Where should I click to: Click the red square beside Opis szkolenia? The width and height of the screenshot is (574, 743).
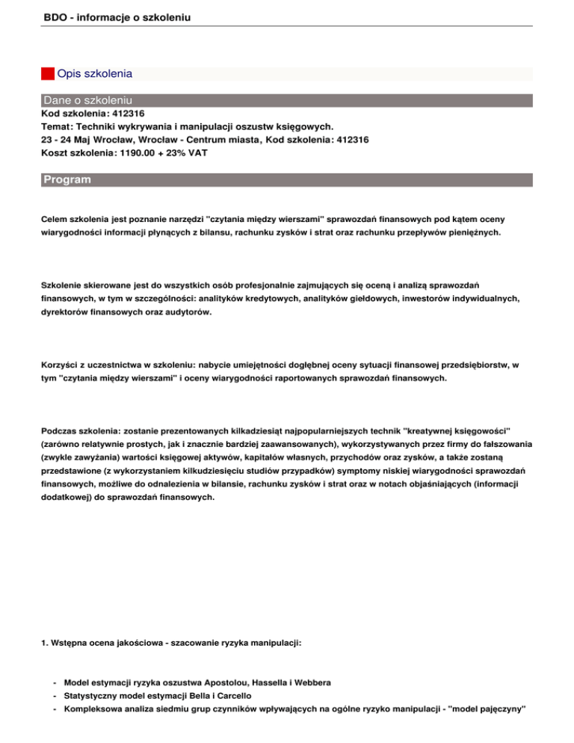[x=47, y=74]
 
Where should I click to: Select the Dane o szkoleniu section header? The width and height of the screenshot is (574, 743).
[x=88, y=99]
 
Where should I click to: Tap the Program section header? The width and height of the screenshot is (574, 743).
[x=67, y=180]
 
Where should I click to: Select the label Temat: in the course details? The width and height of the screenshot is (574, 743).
[x=57, y=127]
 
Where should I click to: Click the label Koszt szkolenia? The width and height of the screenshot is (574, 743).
[x=75, y=152]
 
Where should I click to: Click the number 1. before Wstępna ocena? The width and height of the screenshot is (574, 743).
[x=45, y=642]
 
